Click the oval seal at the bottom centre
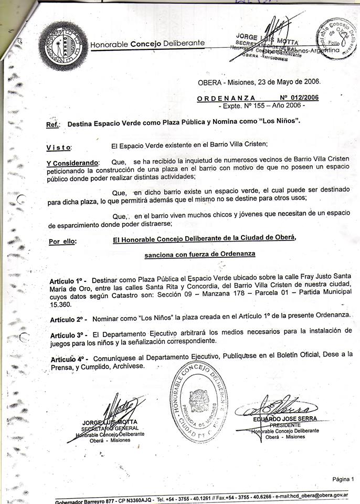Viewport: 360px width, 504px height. click(x=197, y=396)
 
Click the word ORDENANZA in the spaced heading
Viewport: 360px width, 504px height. click(x=226, y=98)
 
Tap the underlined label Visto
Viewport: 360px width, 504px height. click(x=59, y=148)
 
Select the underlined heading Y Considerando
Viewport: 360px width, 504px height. click(x=72, y=163)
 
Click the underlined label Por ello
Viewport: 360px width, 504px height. click(x=62, y=242)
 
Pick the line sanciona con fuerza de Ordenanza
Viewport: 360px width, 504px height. click(x=200, y=254)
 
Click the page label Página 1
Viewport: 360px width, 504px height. click(x=343, y=478)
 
